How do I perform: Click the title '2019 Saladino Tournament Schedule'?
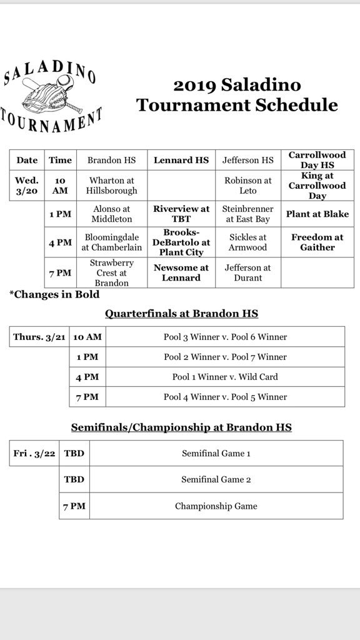coord(237,94)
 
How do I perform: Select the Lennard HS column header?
coord(181,160)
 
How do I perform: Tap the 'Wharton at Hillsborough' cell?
coord(112,186)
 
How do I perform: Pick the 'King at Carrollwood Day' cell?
coord(317,186)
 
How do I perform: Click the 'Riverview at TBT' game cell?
coord(181,214)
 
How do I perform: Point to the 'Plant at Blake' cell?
coord(317,214)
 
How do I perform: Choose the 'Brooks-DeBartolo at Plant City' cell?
coord(181,242)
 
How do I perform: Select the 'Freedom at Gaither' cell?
coord(317,242)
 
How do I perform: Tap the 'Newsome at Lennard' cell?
coord(181,272)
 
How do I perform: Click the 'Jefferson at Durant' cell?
coord(248,272)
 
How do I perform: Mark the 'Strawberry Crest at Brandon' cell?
coord(112,272)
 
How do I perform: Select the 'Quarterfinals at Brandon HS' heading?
coord(181,314)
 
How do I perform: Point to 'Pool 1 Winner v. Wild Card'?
coord(225,377)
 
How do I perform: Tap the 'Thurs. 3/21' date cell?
coord(38,337)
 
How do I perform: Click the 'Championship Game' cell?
coord(216,506)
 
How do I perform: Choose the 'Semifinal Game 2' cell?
coord(216,479)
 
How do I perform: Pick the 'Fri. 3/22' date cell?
coord(35,453)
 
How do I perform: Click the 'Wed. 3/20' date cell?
coord(27,186)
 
